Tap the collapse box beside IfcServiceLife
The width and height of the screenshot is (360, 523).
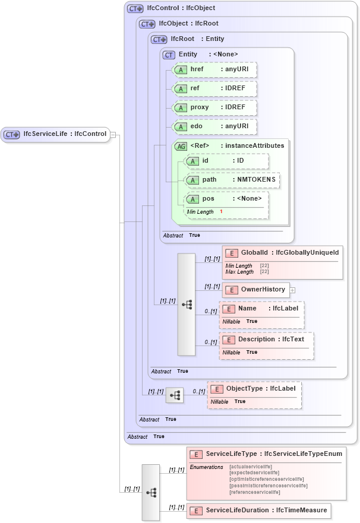[112, 134]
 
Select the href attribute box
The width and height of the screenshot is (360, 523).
[214, 70]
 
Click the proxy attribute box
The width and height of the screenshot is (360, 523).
[214, 107]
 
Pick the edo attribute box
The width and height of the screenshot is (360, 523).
[214, 126]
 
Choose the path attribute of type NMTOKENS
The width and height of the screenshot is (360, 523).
[232, 180]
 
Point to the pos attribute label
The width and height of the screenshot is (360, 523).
[208, 199]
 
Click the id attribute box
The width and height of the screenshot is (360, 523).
[226, 161]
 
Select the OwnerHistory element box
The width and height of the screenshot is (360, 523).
[256, 290]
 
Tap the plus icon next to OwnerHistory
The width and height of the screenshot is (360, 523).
[292, 290]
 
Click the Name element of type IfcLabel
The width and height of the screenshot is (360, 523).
[262, 309]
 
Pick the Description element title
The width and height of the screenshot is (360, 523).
[270, 340]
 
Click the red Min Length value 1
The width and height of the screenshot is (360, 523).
[221, 211]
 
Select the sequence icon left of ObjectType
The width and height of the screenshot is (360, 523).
[175, 395]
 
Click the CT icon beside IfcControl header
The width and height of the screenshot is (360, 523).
[135, 9]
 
